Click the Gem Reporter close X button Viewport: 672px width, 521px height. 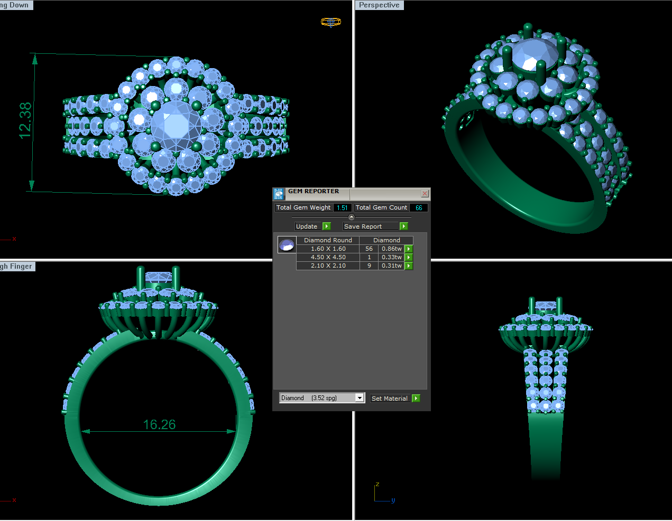point(425,194)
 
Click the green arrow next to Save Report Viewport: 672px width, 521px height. point(403,226)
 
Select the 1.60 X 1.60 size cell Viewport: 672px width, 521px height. point(328,249)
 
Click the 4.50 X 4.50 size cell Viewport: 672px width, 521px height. point(328,257)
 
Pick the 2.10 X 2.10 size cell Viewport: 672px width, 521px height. point(328,266)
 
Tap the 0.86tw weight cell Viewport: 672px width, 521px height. point(391,249)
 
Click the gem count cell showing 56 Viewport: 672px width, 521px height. point(369,249)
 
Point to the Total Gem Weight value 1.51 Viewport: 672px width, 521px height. point(342,208)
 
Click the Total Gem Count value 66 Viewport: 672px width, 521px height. point(419,208)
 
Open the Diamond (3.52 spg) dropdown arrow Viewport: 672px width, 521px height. point(360,398)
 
